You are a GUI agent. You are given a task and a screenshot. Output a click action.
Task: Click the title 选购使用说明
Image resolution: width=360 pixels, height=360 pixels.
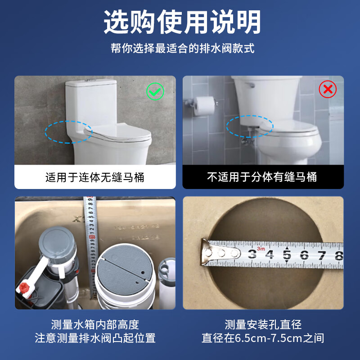180,22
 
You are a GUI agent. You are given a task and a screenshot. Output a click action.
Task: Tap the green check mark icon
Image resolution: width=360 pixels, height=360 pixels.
156,92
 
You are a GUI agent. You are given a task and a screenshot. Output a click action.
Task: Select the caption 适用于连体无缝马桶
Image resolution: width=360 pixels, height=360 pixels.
94,177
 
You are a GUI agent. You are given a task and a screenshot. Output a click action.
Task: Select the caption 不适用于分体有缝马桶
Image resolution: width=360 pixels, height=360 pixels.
262,177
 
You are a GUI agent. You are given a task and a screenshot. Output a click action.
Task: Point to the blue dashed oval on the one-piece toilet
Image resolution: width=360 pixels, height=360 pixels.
68,131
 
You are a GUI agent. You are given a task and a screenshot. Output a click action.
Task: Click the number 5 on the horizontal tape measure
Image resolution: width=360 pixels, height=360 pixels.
287,255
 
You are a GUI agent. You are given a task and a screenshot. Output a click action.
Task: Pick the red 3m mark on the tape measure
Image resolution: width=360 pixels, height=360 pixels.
261,247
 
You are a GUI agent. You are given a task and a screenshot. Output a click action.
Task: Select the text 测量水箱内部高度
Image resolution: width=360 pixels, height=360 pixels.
95,324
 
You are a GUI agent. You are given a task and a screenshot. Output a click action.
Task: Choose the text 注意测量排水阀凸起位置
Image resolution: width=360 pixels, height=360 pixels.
95,338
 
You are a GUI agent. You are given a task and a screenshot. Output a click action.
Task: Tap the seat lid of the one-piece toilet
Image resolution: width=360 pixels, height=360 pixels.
117,132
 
